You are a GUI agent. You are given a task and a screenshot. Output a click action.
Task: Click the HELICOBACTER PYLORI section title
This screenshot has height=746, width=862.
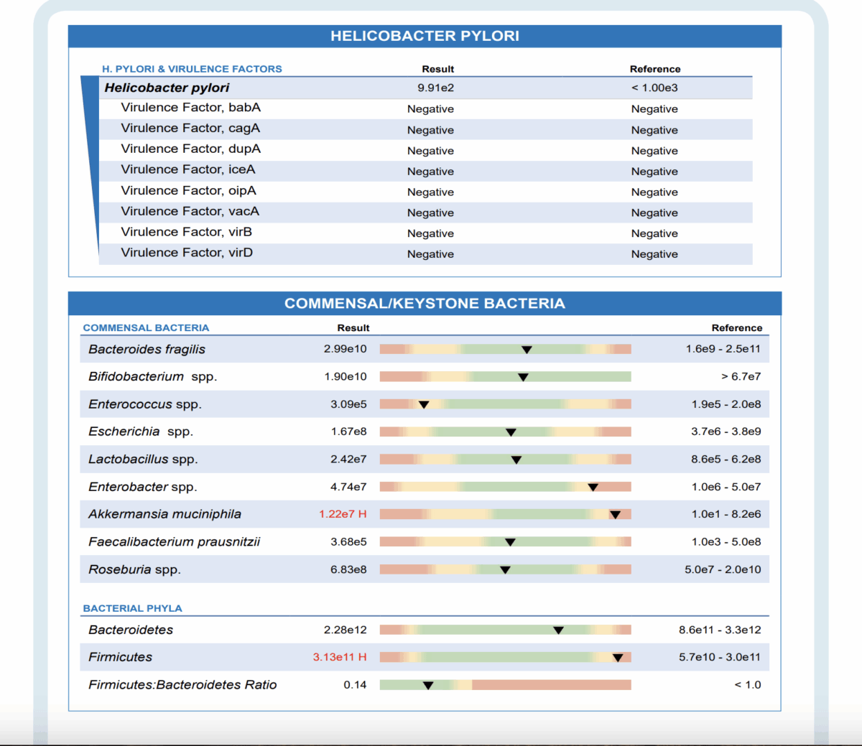425,36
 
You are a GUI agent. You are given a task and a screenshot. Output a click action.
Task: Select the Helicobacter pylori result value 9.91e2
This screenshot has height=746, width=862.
435,88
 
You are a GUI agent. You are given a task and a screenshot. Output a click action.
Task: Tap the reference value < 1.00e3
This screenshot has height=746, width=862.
654,88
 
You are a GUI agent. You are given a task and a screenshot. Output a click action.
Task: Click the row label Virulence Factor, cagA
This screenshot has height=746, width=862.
190,129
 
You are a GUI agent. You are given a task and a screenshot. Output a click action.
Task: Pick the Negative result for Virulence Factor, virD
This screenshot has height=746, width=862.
430,254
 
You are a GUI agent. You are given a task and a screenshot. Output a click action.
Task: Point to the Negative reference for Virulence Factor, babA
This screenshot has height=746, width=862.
654,109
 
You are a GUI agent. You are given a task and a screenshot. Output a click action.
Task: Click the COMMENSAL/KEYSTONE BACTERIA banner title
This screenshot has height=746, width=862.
425,304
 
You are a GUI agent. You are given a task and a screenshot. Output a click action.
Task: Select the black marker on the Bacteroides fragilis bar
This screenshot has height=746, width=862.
527,350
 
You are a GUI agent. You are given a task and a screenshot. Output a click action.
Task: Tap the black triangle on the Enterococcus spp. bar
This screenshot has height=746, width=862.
424,405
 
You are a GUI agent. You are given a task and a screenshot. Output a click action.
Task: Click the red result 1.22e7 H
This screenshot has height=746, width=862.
343,514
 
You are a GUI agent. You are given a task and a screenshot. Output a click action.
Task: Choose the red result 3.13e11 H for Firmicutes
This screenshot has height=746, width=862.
340,657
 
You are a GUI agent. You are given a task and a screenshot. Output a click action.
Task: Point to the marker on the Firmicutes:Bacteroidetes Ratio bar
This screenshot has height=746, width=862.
428,686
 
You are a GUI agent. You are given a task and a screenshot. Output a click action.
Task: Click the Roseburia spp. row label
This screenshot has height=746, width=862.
134,569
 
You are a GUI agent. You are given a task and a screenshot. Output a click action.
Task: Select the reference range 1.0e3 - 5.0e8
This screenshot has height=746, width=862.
726,542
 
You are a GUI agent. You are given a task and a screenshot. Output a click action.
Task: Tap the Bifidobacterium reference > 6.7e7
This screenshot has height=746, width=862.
741,376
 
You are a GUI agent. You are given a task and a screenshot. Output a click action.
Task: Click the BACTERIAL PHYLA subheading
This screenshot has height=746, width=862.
132,608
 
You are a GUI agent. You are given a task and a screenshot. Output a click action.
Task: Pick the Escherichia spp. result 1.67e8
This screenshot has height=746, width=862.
348,432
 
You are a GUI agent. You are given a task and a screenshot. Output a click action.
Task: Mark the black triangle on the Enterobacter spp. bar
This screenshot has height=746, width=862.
593,488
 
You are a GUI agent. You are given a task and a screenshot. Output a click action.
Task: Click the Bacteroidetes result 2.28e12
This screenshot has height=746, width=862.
345,630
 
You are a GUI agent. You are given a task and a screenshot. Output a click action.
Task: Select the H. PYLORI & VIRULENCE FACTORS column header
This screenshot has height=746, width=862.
192,69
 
